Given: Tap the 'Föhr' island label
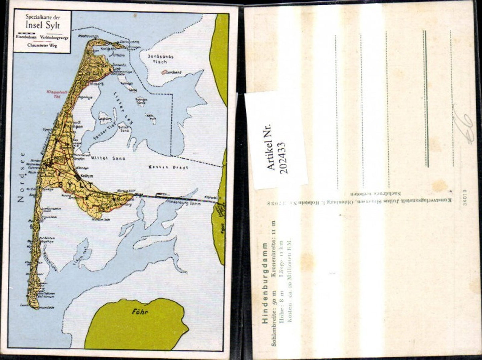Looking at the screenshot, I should point(139,312).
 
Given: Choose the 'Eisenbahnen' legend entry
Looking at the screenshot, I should point(27,37).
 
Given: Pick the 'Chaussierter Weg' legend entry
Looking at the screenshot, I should point(42,46).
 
